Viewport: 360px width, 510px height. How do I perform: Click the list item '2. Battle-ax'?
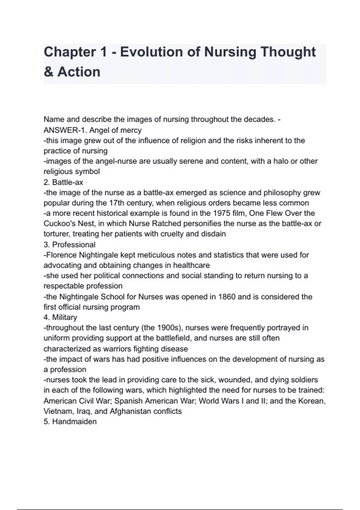(63, 182)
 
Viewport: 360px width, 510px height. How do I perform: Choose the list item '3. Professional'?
(69, 244)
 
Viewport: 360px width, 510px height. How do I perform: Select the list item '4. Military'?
(60, 317)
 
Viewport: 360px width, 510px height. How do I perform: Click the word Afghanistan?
(131, 411)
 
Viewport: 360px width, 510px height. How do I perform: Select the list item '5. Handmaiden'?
(70, 421)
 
